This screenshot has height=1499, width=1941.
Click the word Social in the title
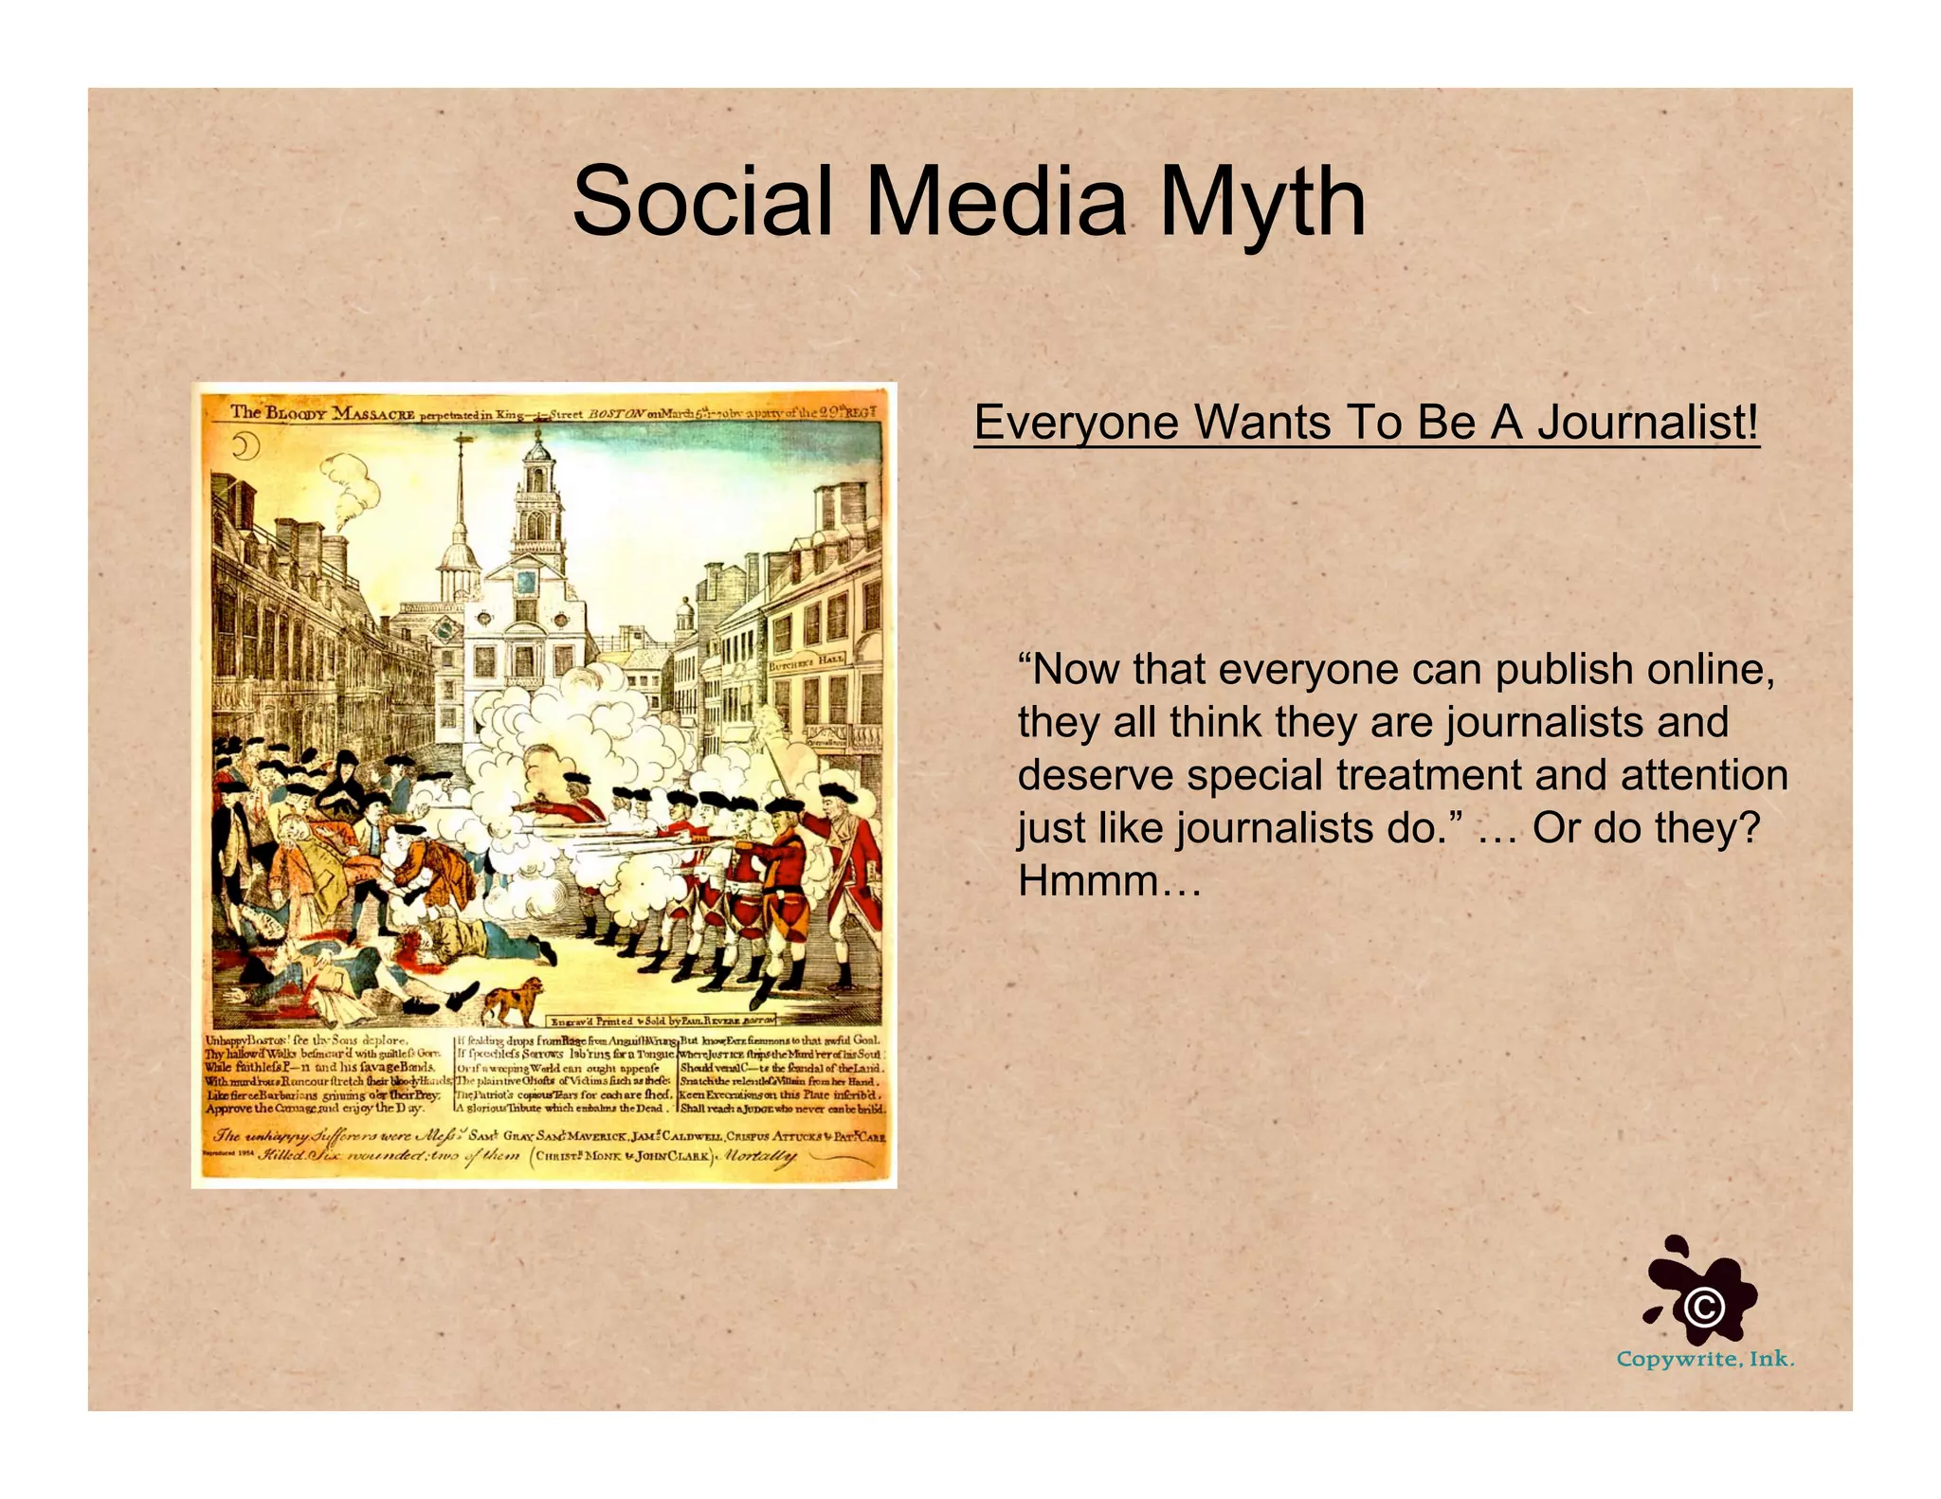tap(702, 202)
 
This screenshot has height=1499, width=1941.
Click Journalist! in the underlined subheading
tap(1648, 423)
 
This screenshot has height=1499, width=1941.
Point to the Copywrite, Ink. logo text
tap(1705, 1360)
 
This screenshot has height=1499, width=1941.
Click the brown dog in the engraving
tap(513, 1000)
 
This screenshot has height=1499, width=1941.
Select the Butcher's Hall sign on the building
tap(807, 661)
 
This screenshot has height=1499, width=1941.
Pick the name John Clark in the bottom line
tap(674, 1156)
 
